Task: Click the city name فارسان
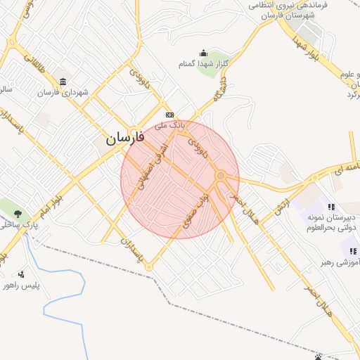tap(125, 138)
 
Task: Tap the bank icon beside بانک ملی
tap(169, 115)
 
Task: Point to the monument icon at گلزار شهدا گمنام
tap(204, 53)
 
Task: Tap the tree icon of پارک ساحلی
tap(18, 214)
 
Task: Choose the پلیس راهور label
tap(18, 285)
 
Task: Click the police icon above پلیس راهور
tap(21, 274)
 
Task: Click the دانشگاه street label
tap(221, 92)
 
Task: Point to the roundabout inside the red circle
tap(221, 176)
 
